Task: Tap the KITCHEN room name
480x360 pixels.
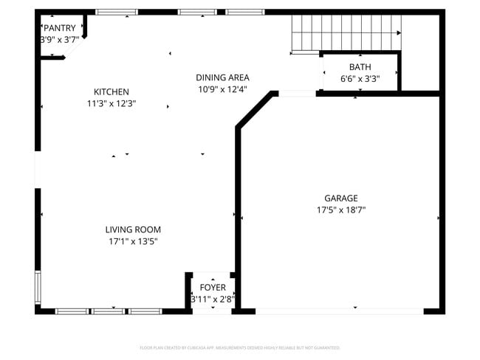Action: (x=111, y=91)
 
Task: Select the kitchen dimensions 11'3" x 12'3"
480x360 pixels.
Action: (x=111, y=104)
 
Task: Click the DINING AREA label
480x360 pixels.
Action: (x=222, y=77)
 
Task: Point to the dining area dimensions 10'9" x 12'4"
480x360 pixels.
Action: (x=222, y=89)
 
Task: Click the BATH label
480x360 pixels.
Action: (x=360, y=66)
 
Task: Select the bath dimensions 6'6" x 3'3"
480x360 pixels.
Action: (x=360, y=78)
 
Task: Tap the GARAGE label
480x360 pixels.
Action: (x=340, y=198)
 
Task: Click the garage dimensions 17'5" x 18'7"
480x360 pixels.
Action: (x=340, y=210)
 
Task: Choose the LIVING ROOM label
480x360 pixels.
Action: (x=133, y=229)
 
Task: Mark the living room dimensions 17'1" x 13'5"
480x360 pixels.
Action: (x=133, y=241)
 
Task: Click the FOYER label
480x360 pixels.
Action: (x=213, y=287)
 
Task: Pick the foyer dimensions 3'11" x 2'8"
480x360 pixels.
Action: (x=213, y=299)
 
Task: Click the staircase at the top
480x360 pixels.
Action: (x=343, y=32)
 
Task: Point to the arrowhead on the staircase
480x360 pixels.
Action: (x=399, y=33)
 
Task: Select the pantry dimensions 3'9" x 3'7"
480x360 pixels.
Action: (x=59, y=40)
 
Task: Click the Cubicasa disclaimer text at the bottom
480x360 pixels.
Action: (x=240, y=347)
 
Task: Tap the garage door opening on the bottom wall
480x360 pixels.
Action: (x=340, y=311)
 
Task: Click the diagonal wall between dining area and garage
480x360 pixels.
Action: (x=255, y=111)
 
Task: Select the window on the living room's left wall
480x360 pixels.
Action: (x=38, y=288)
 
